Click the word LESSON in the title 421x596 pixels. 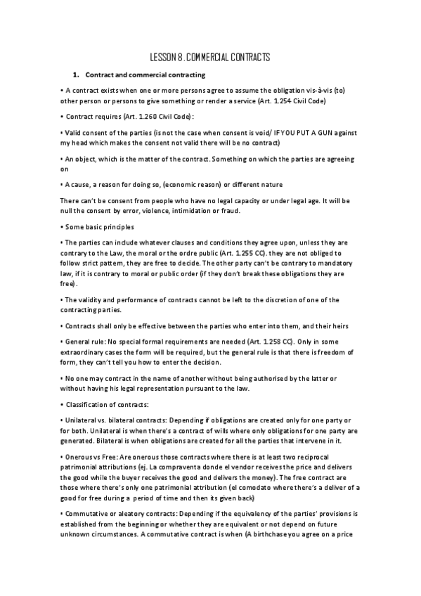click(164, 57)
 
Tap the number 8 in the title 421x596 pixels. click(182, 57)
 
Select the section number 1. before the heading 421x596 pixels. click(77, 74)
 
